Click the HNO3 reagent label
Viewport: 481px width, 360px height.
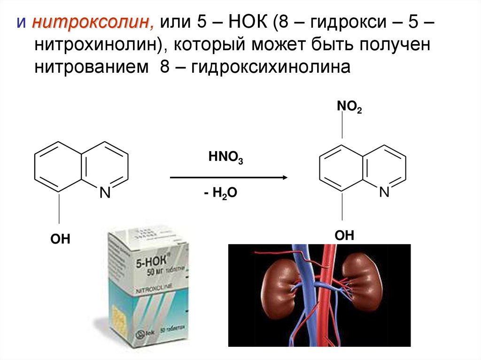(225, 158)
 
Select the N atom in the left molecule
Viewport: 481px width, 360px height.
(105, 192)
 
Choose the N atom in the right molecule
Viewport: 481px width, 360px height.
(384, 192)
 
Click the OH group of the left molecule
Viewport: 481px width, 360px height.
(60, 239)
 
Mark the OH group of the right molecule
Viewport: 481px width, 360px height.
(344, 235)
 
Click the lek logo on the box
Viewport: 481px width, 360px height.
(143, 334)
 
